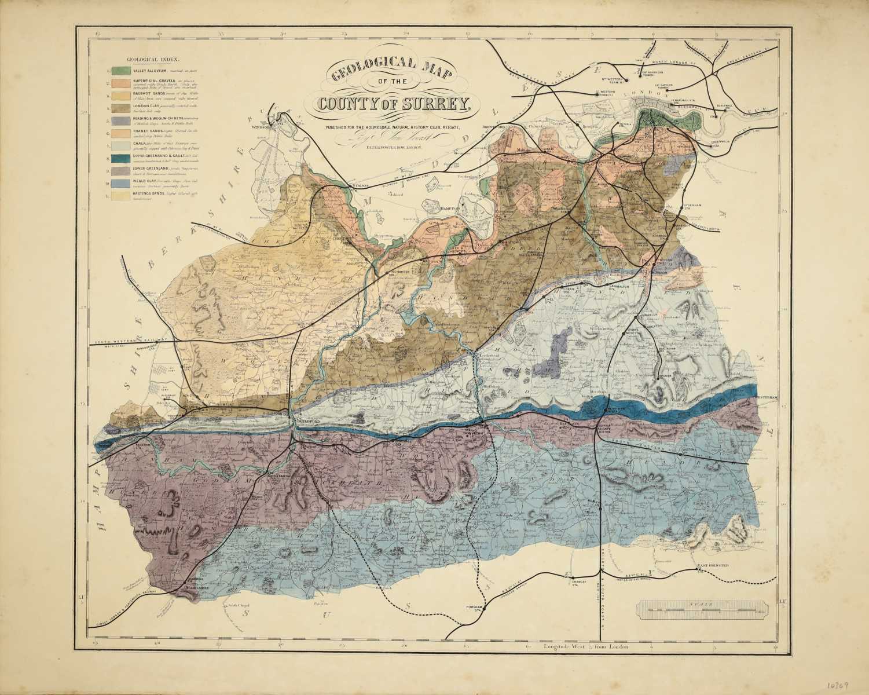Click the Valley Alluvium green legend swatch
coord(120,71)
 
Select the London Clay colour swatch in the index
coord(120,108)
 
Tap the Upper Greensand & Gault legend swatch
coord(120,159)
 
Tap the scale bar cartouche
coord(703,610)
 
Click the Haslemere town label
coord(195,587)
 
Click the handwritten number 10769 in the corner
coord(836,683)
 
